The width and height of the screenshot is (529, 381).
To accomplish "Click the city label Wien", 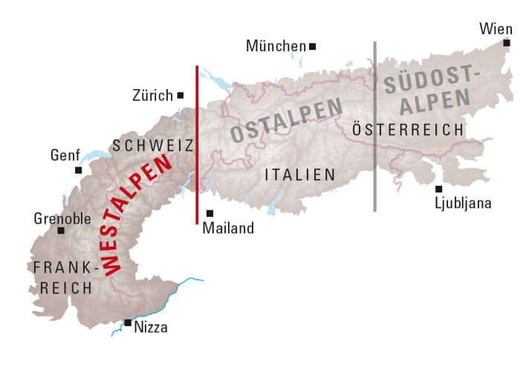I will [x=496, y=28].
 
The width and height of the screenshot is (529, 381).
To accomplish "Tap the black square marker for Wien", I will [x=507, y=43].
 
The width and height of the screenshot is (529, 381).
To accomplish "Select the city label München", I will [x=276, y=47].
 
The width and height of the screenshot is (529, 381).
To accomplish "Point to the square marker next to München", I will [x=313, y=46].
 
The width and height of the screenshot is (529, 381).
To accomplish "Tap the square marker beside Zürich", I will [x=181, y=95].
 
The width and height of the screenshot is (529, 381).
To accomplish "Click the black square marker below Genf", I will [x=78, y=170].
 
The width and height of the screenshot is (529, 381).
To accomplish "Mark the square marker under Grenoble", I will [x=61, y=231].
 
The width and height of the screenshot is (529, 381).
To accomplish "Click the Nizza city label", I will [x=151, y=327].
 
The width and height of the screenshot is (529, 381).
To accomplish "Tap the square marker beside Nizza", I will [x=128, y=322].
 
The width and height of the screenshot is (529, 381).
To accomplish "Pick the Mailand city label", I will [x=228, y=228].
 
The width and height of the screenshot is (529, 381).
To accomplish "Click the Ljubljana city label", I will [x=464, y=203].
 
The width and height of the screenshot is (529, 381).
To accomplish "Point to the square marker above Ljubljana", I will [x=439, y=189].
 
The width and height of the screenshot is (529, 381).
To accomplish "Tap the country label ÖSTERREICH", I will [x=408, y=129].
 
